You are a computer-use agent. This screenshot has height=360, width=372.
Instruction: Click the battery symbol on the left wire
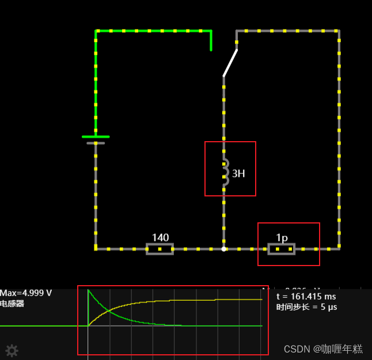[96, 139]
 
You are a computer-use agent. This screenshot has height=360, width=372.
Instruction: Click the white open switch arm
[230, 63]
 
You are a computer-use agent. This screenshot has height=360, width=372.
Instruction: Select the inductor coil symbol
[225, 172]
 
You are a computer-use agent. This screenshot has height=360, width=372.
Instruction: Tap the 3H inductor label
[239, 173]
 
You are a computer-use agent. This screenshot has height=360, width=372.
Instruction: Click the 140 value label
[160, 237]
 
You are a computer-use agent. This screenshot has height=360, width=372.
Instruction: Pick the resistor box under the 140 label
[160, 249]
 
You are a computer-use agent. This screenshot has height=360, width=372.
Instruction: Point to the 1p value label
[282, 237]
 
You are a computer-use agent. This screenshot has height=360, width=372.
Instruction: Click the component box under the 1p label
[282, 249]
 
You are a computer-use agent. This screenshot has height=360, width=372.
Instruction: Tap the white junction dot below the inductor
[224, 249]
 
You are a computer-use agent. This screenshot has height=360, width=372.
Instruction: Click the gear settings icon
[12, 350]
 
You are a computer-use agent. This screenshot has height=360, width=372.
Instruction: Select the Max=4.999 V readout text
[26, 293]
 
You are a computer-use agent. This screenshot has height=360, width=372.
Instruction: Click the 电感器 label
[12, 304]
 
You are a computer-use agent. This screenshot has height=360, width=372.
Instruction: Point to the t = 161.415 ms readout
[306, 297]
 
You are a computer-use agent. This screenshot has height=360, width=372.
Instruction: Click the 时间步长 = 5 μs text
[307, 307]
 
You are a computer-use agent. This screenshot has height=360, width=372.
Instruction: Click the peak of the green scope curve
[89, 290]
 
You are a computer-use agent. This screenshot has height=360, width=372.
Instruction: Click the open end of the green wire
[211, 50]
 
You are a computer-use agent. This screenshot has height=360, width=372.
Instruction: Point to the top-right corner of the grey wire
[339, 31]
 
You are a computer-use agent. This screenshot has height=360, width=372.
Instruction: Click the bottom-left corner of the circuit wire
[96, 249]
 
